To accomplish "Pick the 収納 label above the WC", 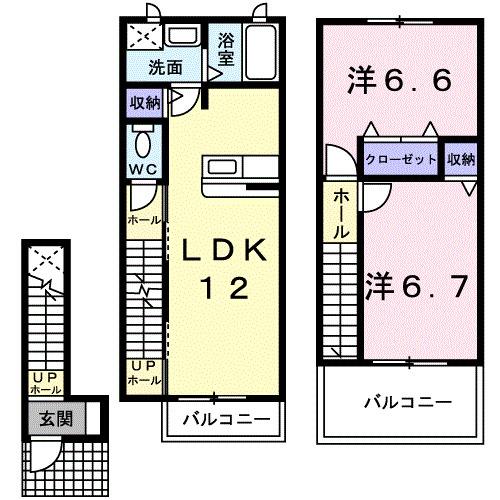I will click(x=144, y=103).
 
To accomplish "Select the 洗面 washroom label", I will click(x=165, y=69).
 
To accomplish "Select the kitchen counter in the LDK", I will click(x=237, y=175).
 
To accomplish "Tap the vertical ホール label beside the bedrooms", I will click(x=341, y=212).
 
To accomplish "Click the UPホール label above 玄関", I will click(x=47, y=383).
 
